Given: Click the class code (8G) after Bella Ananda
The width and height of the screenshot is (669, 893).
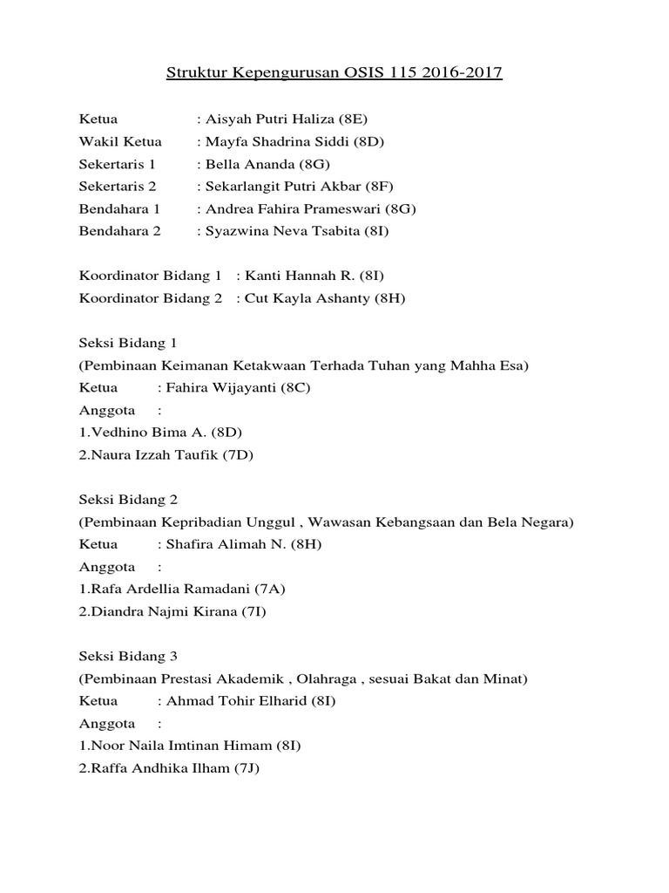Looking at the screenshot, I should click(314, 164).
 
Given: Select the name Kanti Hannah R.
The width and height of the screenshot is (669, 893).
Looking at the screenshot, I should click(296, 276).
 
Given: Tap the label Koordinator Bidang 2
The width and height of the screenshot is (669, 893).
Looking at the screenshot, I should click(151, 299).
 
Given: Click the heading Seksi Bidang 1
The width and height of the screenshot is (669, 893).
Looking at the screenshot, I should click(128, 344).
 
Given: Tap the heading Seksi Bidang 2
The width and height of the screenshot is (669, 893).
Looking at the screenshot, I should click(128, 501).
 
